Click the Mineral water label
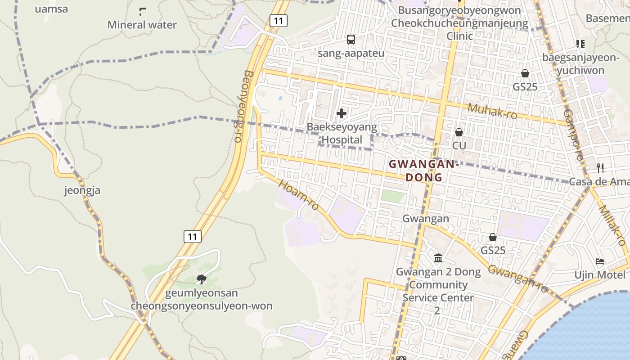click(x=142, y=25)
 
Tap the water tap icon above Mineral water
click(x=143, y=12)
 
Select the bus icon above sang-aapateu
click(x=351, y=40)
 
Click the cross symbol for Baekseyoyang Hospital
click(x=342, y=113)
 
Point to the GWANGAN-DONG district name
click(x=423, y=171)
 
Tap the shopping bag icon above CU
click(x=459, y=132)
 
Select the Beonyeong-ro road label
click(x=243, y=106)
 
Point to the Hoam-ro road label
click(x=299, y=195)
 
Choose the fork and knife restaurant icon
click(x=600, y=168)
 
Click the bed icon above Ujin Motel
click(x=599, y=261)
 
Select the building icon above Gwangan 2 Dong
click(x=438, y=258)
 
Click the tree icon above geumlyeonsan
click(x=202, y=279)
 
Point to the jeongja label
click(x=82, y=190)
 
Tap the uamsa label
click(x=51, y=9)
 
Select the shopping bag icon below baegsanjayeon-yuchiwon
click(x=525, y=73)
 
